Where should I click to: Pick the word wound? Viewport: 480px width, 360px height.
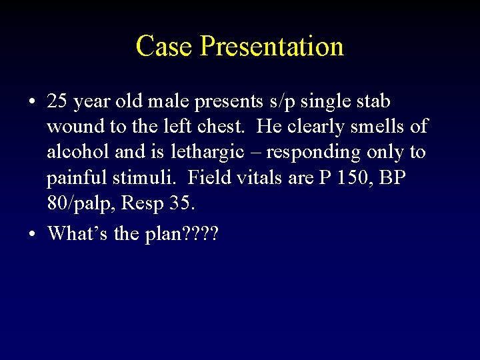(x=71, y=126)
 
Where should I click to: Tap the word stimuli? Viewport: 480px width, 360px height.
(x=157, y=178)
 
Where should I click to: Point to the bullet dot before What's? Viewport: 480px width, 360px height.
(x=33, y=233)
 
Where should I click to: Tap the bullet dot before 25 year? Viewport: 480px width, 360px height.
(x=33, y=102)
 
